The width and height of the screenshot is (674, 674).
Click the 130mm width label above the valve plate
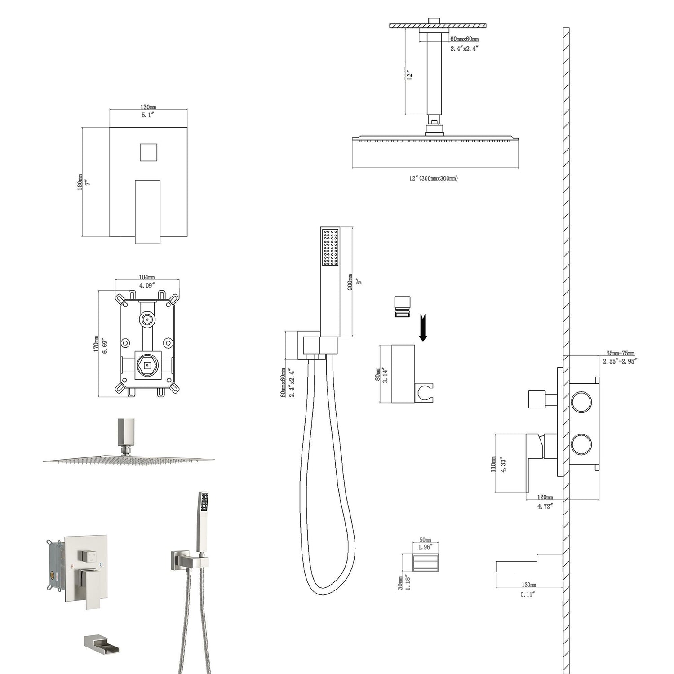pyautogui.click(x=148, y=107)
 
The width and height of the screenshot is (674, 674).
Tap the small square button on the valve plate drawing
pyautogui.click(x=148, y=152)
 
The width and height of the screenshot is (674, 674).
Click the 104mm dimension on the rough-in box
pyautogui.click(x=147, y=277)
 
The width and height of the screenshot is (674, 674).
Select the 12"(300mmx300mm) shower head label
pyautogui.click(x=433, y=178)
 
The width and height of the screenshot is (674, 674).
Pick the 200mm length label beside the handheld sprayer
pyautogui.click(x=350, y=282)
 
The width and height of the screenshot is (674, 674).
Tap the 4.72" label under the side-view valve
pyautogui.click(x=545, y=506)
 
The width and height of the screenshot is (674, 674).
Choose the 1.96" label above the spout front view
pyautogui.click(x=425, y=547)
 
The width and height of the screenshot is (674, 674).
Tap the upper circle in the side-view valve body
pyautogui.click(x=581, y=401)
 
